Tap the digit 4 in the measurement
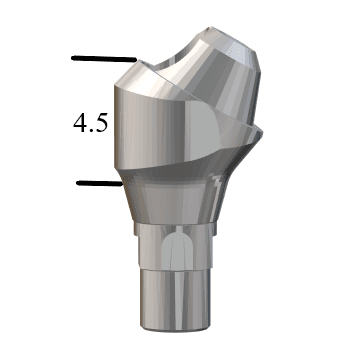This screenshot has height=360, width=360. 78,124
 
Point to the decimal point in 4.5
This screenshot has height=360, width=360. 90,130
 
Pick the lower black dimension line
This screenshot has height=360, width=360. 98,183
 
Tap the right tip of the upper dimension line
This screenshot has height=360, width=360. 132,59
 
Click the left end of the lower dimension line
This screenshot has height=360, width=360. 76,183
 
